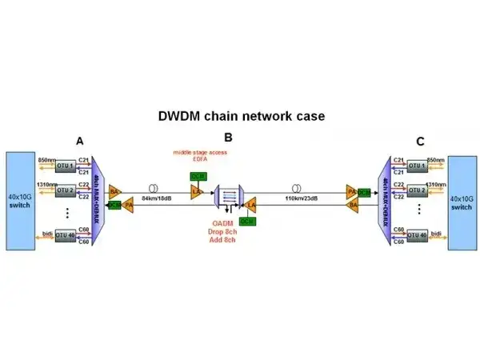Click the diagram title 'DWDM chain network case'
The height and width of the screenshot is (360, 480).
coord(240,116)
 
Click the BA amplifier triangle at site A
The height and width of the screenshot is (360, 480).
coord(114,192)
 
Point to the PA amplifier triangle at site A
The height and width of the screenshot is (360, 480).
coord(127,205)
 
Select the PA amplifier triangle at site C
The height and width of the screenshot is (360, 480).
coord(351,192)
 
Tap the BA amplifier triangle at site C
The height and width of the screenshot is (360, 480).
coord(352,206)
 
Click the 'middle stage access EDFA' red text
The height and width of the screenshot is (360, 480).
coord(196,154)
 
